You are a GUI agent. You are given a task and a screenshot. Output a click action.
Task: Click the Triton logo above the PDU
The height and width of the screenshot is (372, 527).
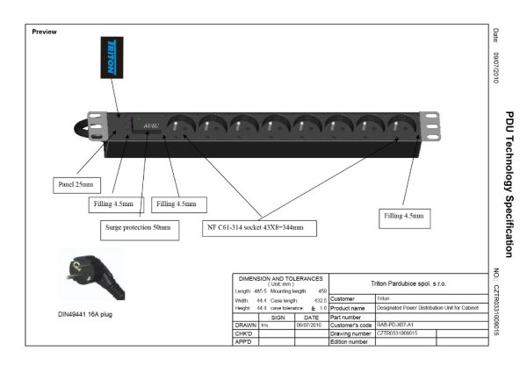point(112,55)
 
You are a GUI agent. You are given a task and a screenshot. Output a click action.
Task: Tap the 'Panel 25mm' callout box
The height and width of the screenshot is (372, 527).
point(75,185)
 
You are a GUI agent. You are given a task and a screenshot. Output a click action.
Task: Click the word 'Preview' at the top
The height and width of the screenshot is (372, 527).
point(44,32)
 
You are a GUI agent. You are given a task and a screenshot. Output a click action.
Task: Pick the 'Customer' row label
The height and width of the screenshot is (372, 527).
point(317,299)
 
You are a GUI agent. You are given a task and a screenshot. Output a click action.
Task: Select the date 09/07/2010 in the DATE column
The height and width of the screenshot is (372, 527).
point(311,325)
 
